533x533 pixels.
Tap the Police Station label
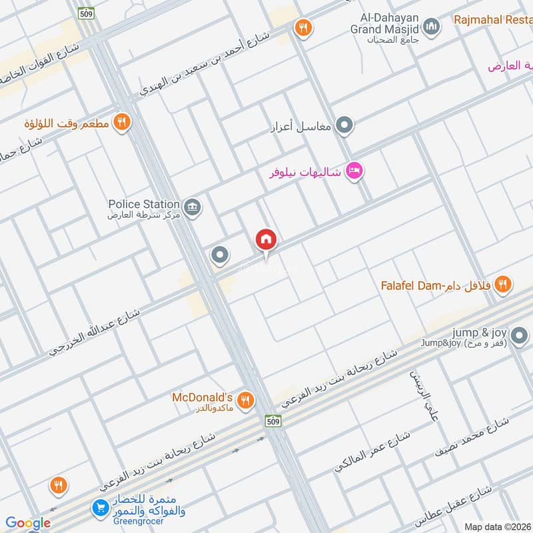click(x=145, y=204)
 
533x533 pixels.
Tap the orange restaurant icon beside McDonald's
click(x=245, y=400)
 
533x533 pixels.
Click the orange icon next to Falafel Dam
click(x=503, y=284)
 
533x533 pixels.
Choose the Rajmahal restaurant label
click(x=493, y=20)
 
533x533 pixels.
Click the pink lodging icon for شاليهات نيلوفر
click(x=354, y=171)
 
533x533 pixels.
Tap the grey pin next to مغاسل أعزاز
click(x=344, y=125)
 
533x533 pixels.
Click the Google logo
click(x=28, y=523)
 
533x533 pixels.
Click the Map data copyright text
click(x=496, y=527)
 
